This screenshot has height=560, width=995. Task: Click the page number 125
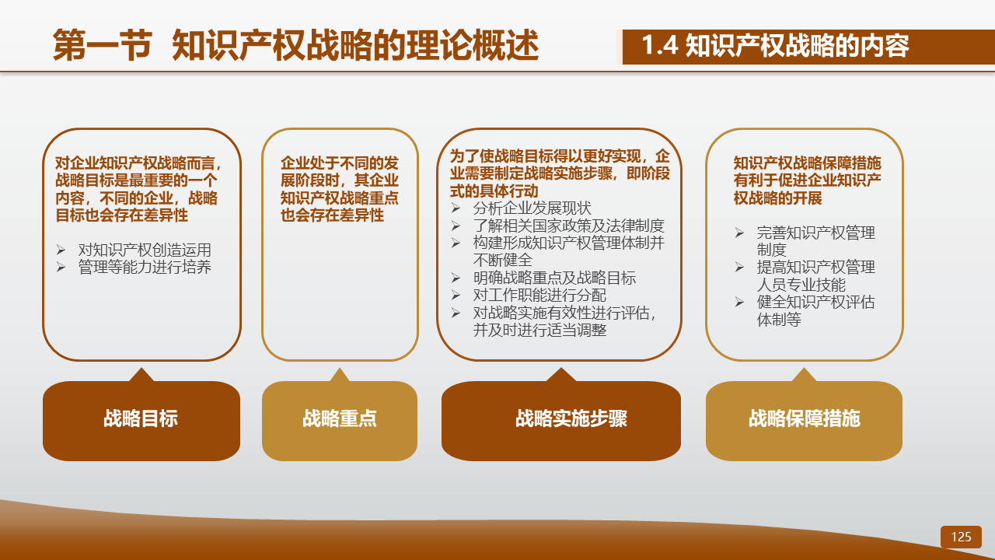click(x=961, y=537)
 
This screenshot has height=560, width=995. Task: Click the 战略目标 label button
click(x=141, y=421)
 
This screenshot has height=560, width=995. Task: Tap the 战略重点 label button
click(x=340, y=421)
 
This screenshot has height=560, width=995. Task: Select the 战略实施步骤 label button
click(x=561, y=421)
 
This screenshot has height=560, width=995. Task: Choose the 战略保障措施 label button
click(x=804, y=421)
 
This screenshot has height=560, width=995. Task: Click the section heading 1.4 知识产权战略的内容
click(x=776, y=45)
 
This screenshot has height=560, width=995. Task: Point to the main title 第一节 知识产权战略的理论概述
click(x=296, y=45)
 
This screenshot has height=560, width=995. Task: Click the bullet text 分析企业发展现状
click(x=532, y=208)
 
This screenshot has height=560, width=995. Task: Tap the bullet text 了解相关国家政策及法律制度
click(x=568, y=226)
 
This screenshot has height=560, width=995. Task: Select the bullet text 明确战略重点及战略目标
click(x=554, y=278)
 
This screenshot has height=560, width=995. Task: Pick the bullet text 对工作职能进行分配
click(x=539, y=295)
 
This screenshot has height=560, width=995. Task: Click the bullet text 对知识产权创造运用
click(x=145, y=250)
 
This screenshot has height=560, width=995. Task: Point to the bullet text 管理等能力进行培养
click(x=145, y=267)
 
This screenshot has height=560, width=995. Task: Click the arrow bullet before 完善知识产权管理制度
click(x=739, y=233)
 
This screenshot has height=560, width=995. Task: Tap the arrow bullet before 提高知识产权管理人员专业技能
click(x=739, y=267)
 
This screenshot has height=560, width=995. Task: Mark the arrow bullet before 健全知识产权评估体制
click(x=739, y=303)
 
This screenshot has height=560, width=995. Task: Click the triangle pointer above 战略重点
click(x=340, y=376)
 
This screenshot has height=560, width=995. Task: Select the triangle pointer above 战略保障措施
click(x=804, y=376)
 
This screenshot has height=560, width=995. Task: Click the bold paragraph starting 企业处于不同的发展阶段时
click(x=340, y=189)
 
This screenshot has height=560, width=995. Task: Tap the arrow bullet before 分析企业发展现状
click(x=456, y=208)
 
